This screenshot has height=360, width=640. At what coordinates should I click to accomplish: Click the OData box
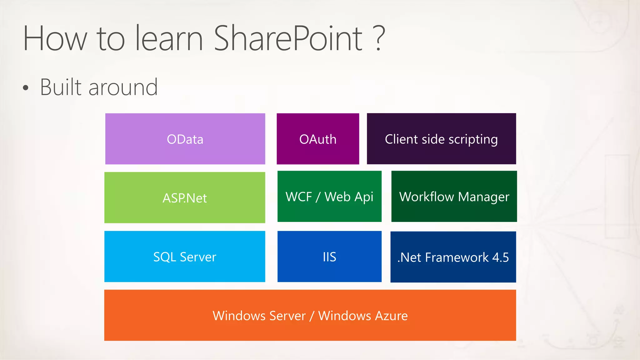[185, 139]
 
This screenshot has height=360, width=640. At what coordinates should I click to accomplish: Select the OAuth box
[318, 139]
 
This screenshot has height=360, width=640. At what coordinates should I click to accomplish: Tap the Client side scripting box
[441, 139]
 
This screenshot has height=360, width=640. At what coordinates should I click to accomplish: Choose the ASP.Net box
[185, 197]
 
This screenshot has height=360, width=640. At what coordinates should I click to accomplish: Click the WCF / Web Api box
[329, 196]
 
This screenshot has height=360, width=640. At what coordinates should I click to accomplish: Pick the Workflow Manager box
[454, 196]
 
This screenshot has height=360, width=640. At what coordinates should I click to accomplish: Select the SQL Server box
[185, 257]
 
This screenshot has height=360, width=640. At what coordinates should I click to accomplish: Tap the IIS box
[329, 257]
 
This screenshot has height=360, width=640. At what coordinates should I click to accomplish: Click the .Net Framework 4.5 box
[453, 257]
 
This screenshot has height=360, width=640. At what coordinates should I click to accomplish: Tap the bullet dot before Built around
[26, 88]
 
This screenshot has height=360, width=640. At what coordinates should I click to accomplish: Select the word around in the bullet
[123, 87]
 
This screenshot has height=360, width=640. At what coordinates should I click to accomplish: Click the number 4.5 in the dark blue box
[500, 257]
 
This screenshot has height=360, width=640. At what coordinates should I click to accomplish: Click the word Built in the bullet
[61, 87]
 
